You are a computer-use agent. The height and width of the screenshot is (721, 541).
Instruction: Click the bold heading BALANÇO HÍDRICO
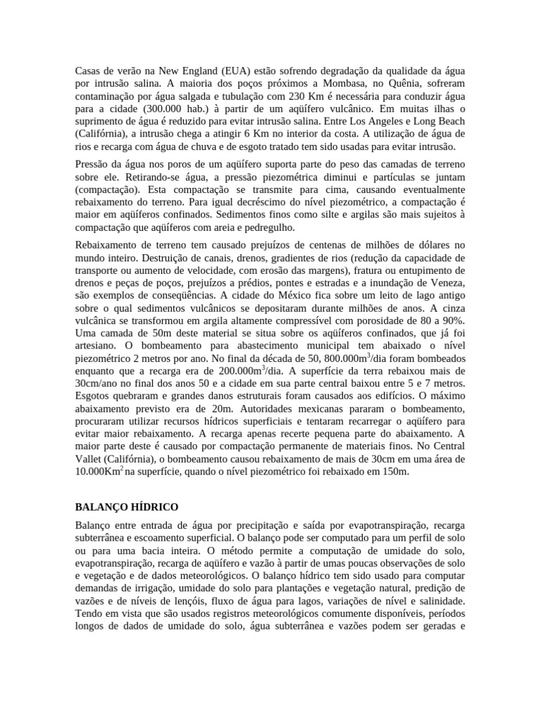(x=127, y=507)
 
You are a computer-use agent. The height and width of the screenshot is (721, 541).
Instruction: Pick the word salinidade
(x=436, y=601)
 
